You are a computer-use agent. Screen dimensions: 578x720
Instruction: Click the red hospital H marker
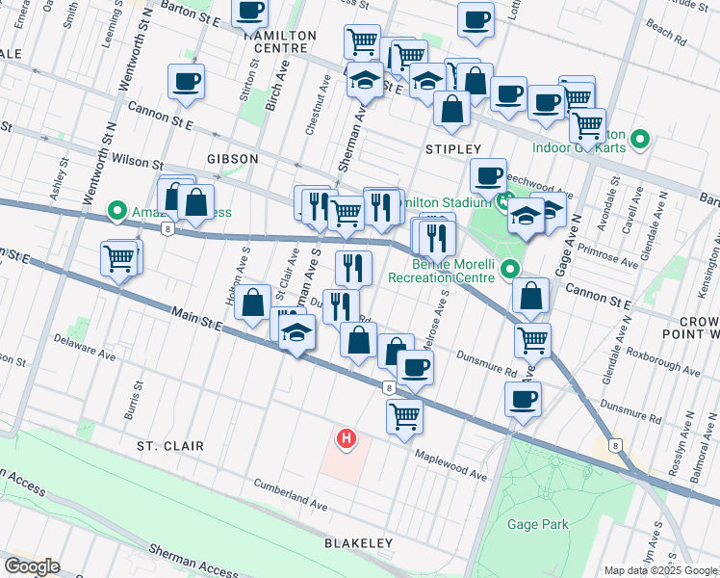[346, 440]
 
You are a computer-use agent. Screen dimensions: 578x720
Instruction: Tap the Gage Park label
[541, 525]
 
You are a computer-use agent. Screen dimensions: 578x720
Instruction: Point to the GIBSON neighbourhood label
[231, 158]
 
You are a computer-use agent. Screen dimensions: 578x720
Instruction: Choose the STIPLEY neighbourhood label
[452, 149]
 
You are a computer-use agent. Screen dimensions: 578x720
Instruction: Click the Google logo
[32, 566]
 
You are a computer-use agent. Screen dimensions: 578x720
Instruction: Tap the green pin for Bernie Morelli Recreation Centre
[510, 271]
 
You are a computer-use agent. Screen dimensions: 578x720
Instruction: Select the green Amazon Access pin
[117, 209]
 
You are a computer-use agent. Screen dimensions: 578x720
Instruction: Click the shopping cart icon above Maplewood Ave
[405, 415]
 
